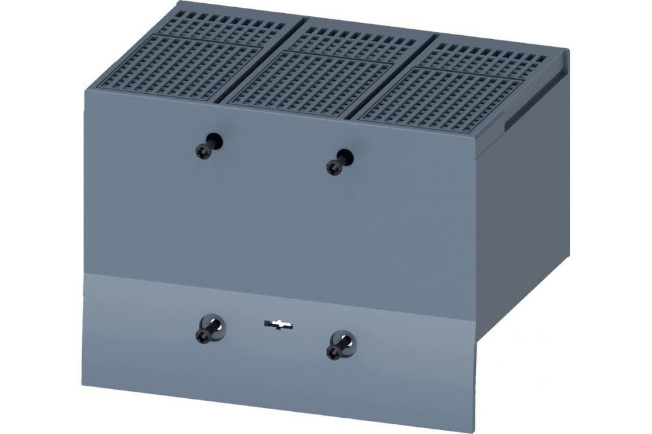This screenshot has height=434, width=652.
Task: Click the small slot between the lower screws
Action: click(276, 323)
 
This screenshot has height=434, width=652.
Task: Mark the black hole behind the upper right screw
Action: click(346, 156)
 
